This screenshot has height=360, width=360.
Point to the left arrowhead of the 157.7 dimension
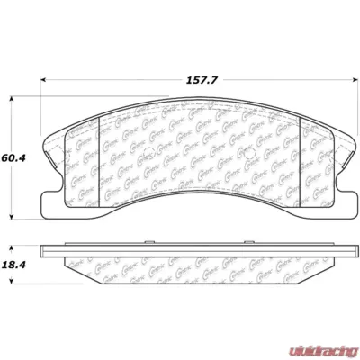(44, 81)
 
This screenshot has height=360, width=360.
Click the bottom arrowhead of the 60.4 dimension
(12, 215)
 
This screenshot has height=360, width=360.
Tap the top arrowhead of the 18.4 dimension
(12, 244)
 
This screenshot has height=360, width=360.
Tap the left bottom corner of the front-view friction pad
(72, 212)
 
